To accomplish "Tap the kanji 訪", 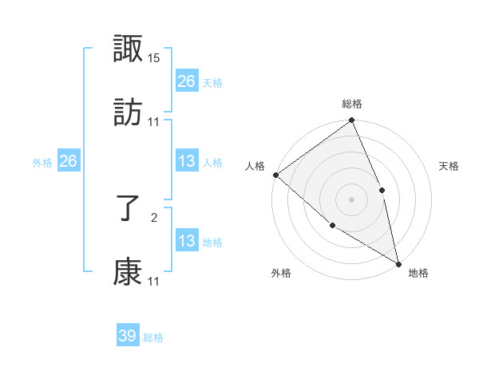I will (x=129, y=112).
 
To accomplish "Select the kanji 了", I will (x=129, y=210).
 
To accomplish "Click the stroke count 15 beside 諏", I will (x=155, y=59).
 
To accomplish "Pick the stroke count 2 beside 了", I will (x=155, y=216).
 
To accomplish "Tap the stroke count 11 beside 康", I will (x=155, y=281).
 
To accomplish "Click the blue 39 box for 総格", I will (x=128, y=336).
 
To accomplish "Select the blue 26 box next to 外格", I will (x=68, y=161).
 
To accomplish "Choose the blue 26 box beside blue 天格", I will (x=187, y=81).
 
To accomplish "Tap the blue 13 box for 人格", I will (x=187, y=161).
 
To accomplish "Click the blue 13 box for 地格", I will (x=187, y=241).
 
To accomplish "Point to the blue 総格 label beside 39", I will (x=153, y=337).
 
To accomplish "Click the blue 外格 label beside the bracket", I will (x=42, y=163).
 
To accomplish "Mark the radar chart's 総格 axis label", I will (x=352, y=104).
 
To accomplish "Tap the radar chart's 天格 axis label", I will (x=449, y=167).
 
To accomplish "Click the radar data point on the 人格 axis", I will (x=275, y=175).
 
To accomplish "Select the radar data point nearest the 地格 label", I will (x=398, y=262).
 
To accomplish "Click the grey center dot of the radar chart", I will (x=351, y=199).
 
